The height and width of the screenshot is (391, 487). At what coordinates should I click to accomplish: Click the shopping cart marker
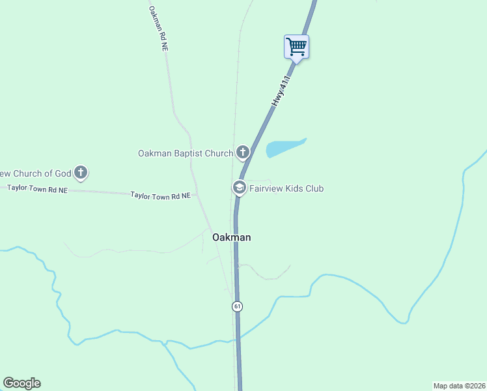[x=296, y=47]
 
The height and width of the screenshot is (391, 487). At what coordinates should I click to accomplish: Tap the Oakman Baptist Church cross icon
[x=243, y=153]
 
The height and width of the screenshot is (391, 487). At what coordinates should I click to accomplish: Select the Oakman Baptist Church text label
[x=186, y=154]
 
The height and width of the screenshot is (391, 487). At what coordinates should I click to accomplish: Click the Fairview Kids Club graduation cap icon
[x=239, y=188]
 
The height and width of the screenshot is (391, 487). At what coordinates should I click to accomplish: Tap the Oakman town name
[x=231, y=238]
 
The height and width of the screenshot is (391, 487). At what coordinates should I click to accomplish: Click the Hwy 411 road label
[x=280, y=91]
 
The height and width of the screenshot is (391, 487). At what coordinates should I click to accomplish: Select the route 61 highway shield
[x=238, y=306]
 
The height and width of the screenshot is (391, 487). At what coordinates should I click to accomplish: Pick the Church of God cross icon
[x=81, y=173]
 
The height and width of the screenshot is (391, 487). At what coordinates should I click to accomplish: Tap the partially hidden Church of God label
[x=35, y=173]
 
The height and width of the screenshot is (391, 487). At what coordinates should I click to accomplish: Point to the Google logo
[x=21, y=383]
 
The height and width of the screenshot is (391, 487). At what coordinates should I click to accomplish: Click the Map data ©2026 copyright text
[x=459, y=385]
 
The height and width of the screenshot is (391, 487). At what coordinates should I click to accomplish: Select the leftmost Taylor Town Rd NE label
[x=37, y=189]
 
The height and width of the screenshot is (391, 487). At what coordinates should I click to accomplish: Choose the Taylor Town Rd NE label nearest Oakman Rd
[x=160, y=195]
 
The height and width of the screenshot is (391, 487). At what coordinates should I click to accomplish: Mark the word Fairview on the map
[x=267, y=188]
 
